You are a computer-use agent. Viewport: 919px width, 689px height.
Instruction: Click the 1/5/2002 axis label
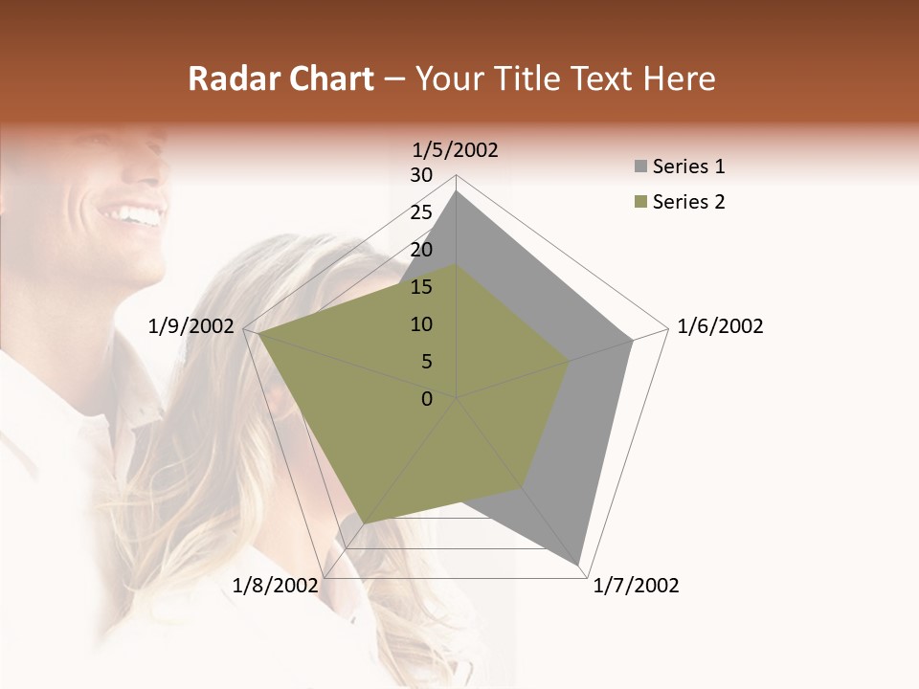[x=455, y=150]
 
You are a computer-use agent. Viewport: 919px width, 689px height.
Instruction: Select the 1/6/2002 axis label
[x=720, y=326]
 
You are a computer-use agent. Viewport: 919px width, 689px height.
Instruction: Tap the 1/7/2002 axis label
[x=636, y=586]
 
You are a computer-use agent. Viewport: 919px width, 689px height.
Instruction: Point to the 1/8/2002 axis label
[x=275, y=586]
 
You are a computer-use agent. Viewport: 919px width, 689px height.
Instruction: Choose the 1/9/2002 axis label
[x=191, y=326]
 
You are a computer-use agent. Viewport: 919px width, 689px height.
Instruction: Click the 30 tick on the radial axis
[x=421, y=175]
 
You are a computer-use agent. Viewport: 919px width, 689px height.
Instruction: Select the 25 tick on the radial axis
[x=421, y=212]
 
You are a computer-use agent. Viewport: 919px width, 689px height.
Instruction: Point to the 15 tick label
[x=421, y=287]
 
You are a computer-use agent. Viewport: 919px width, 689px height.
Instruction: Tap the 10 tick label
[x=421, y=324]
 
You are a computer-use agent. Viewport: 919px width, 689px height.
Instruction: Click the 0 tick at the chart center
[x=427, y=399]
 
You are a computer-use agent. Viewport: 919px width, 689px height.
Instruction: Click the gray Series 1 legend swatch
[x=639, y=167]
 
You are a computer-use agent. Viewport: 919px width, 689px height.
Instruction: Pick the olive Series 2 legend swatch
[x=639, y=202]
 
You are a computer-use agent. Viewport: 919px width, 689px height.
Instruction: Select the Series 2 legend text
[x=688, y=202]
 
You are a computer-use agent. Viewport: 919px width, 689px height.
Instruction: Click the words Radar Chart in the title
[x=280, y=78]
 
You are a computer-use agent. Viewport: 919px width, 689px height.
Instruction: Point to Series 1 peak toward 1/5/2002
[x=457, y=191]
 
